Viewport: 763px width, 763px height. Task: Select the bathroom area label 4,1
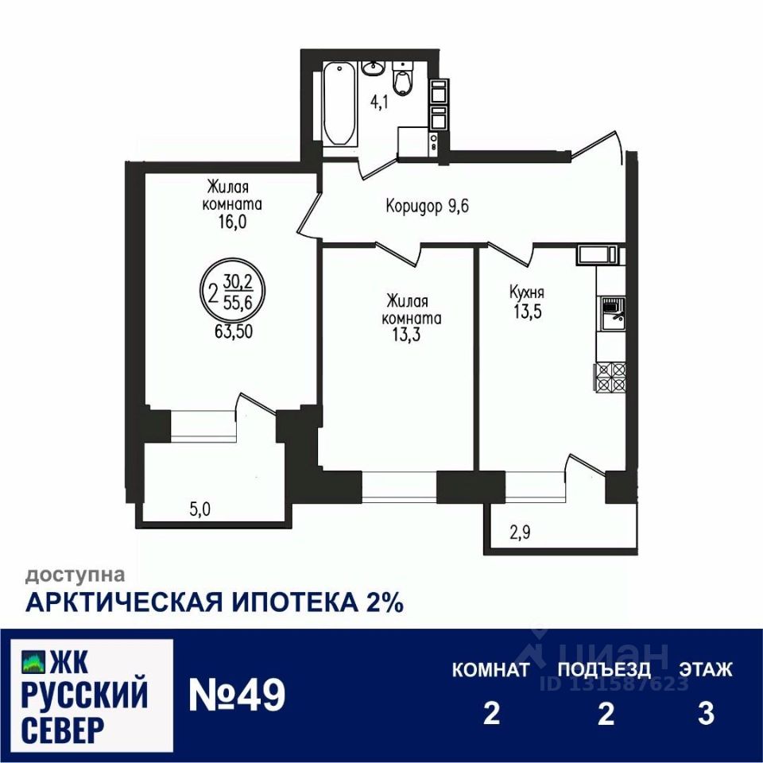pyautogui.click(x=378, y=103)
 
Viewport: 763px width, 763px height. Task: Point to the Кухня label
pyautogui.click(x=527, y=292)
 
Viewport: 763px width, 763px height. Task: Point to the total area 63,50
pyautogui.click(x=233, y=331)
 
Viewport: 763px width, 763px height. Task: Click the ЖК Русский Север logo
pyautogui.click(x=86, y=695)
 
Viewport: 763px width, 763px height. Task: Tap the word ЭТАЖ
pyautogui.click(x=705, y=669)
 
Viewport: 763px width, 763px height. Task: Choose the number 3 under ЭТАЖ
pyautogui.click(x=705, y=714)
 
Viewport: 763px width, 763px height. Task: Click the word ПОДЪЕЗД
pyautogui.click(x=604, y=669)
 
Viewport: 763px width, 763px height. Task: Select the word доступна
pyautogui.click(x=76, y=574)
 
